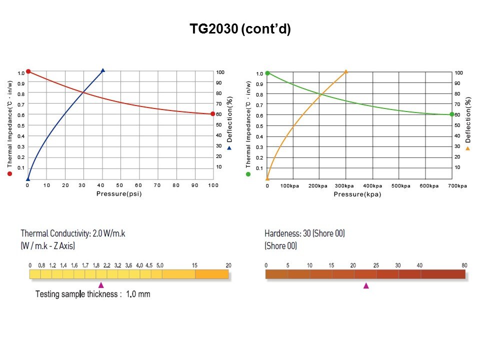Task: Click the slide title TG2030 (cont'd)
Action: pos(240,29)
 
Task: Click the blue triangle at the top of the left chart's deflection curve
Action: pos(103,70)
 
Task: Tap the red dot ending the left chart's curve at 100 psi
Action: pos(212,114)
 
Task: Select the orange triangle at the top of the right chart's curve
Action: pos(346,71)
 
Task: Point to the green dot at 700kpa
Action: pos(452,114)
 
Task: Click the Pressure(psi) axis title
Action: pos(119,193)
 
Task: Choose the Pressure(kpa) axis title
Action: pos(357,194)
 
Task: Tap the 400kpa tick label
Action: pos(372,185)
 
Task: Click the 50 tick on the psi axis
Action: pos(120,185)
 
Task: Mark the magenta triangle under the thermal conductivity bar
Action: pos(101,284)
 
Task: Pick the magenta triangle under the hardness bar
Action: pos(366,285)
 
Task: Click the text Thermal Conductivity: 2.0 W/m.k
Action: pos(73,233)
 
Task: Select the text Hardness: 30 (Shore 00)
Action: pos(304,233)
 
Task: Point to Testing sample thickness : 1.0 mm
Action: pos(92,294)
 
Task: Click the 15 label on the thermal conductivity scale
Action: pos(195,265)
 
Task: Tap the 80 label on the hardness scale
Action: pos(464,265)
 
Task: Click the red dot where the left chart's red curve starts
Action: pos(28,71)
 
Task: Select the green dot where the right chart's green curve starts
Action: pos(267,73)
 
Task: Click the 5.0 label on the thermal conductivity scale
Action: pos(160,265)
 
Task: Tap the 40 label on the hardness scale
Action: pos(420,265)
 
